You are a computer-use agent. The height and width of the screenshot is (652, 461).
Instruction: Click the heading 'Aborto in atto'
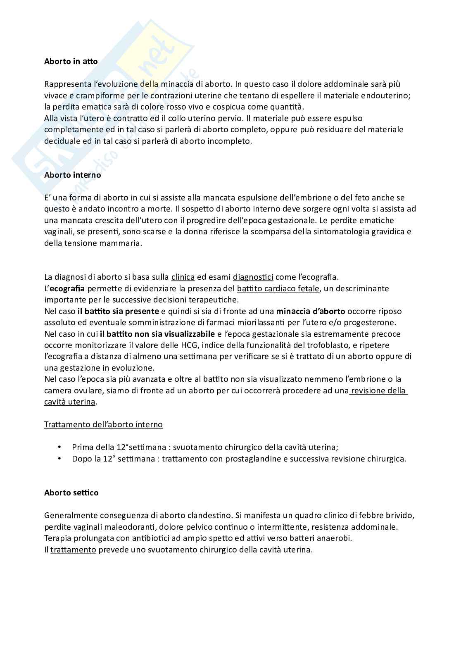(71, 62)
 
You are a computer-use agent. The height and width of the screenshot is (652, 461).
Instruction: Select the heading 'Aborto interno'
(73, 175)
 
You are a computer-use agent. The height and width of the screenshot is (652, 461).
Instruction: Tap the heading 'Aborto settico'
(71, 493)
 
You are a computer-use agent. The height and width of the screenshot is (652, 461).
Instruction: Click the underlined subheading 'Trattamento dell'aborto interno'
(103, 424)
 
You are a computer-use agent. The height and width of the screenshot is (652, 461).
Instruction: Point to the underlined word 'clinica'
(183, 277)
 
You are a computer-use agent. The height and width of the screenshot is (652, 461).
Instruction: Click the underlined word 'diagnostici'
(253, 277)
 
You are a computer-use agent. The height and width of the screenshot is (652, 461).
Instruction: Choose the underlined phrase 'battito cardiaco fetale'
(278, 288)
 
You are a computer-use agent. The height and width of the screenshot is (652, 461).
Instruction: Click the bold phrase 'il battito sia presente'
(118, 311)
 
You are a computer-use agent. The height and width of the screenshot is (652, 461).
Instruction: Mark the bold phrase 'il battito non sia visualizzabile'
(157, 334)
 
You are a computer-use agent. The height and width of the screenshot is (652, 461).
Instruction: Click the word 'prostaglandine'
(251, 459)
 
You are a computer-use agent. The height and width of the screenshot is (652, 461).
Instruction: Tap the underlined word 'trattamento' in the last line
(73, 550)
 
